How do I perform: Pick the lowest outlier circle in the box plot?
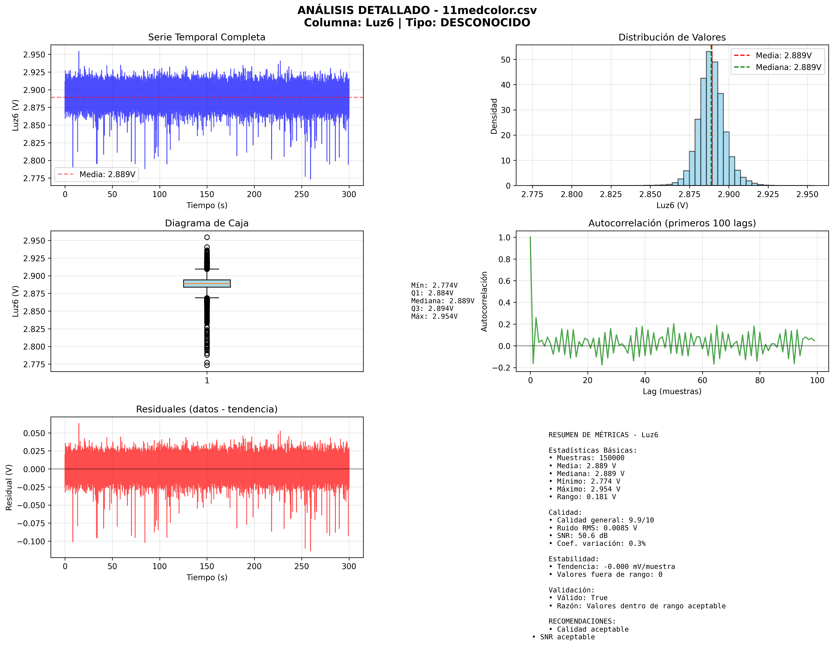[x=207, y=365]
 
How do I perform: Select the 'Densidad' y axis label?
[x=494, y=116]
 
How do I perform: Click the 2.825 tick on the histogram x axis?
[x=611, y=194]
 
